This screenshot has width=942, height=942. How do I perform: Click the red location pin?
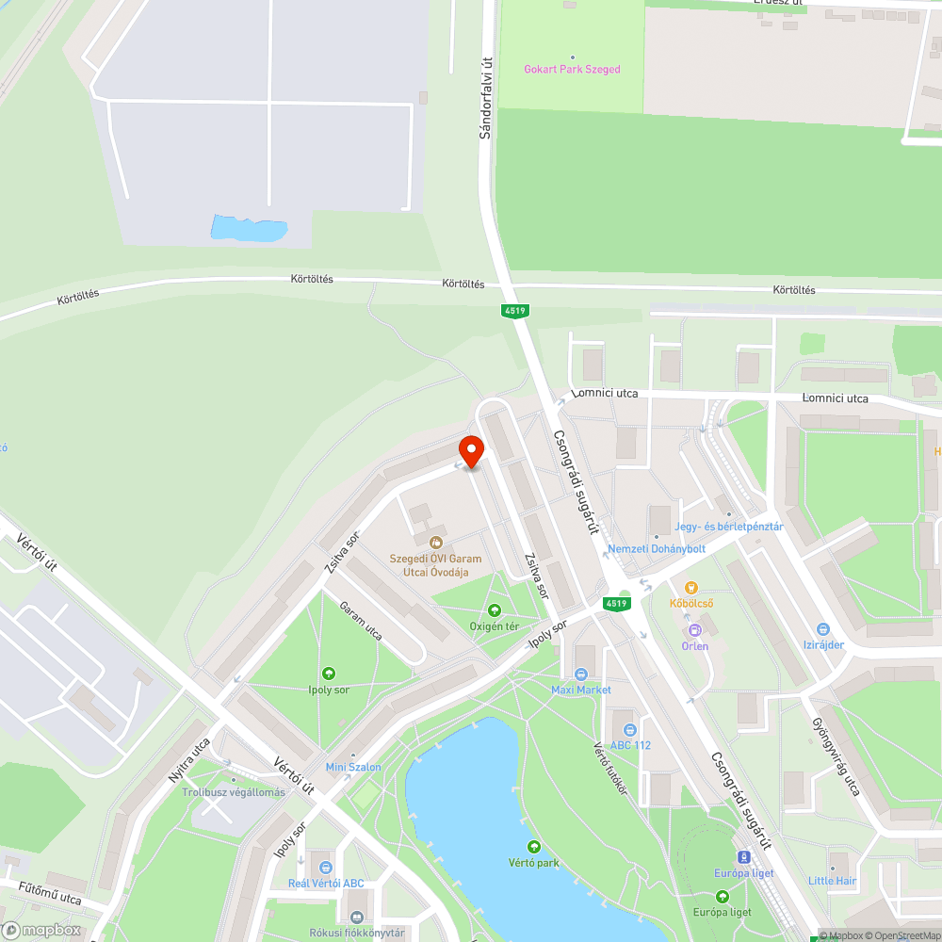[x=470, y=450]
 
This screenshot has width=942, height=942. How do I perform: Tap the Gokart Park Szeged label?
[x=573, y=69]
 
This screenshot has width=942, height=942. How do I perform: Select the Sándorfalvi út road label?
[x=486, y=98]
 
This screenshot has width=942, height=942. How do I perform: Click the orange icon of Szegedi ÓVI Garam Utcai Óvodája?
[x=435, y=542]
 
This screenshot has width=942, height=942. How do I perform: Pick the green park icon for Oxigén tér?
[x=495, y=610]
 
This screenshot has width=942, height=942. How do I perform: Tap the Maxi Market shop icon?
[x=581, y=674]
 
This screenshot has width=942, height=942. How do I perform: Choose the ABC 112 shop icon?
[x=630, y=729]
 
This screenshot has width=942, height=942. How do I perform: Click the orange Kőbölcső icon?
[x=691, y=587]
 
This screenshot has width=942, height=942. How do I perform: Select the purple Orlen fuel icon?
[x=695, y=629]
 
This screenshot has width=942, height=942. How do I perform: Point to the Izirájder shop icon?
[x=822, y=629]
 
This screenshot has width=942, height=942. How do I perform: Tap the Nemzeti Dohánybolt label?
[x=657, y=548]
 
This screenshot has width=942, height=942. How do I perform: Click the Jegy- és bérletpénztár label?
[x=730, y=527]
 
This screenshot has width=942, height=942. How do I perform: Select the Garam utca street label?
[x=361, y=621]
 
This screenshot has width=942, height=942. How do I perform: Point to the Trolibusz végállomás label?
[x=234, y=792]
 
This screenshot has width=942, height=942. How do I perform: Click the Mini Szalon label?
[x=353, y=767]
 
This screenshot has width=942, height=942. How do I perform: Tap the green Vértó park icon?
[x=535, y=847]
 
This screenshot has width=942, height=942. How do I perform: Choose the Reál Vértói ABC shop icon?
[x=326, y=868]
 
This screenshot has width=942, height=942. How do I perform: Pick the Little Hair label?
[x=833, y=881]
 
